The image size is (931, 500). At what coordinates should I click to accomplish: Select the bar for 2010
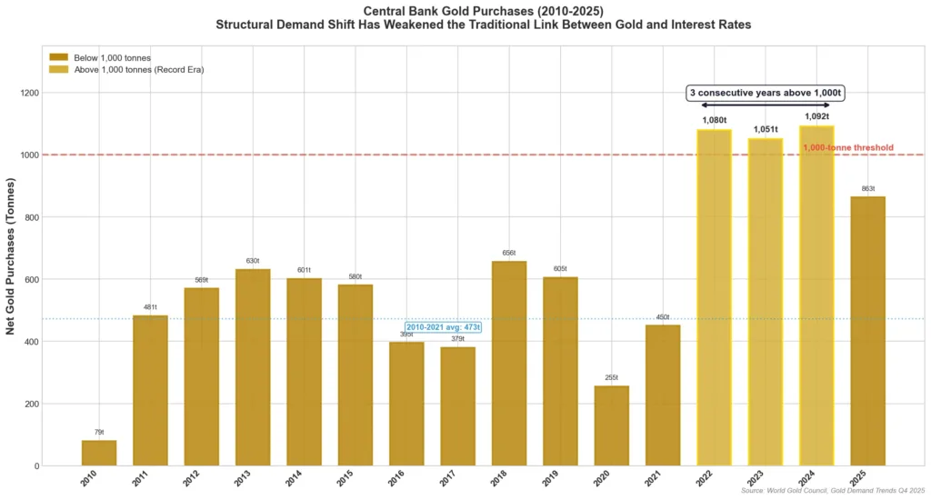tap(99, 453)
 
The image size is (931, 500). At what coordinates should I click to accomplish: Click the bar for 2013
tap(253, 367)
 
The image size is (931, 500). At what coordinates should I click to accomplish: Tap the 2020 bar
tap(612, 425)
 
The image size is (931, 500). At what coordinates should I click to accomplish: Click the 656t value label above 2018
tap(509, 253)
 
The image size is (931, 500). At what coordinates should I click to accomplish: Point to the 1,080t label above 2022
tap(715, 120)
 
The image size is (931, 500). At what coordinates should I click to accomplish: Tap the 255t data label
tap(612, 377)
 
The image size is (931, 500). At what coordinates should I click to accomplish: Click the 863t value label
tap(868, 188)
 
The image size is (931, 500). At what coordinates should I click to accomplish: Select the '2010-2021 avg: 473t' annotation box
tap(444, 326)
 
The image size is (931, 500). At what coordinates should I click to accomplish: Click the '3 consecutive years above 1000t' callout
tap(766, 93)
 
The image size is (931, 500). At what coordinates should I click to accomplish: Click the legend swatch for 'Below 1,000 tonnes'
tap(58, 57)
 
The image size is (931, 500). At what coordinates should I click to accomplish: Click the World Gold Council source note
tap(832, 492)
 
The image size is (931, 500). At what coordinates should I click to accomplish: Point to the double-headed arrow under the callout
tap(766, 105)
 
